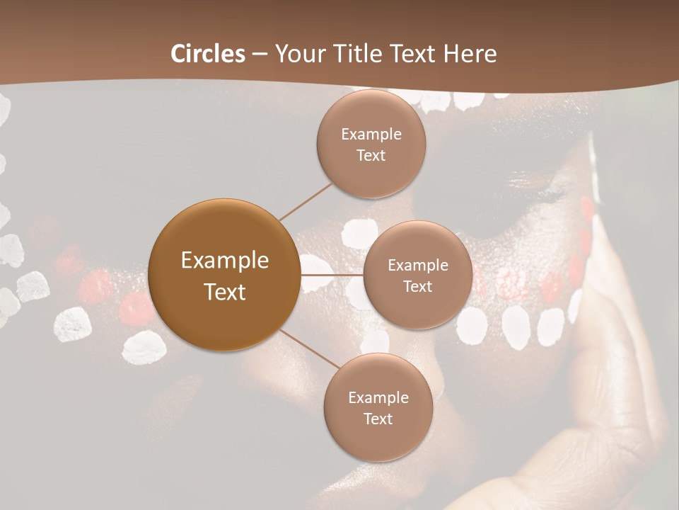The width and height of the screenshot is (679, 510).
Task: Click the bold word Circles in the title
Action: point(207,54)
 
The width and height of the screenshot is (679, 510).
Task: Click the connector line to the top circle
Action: point(306,200)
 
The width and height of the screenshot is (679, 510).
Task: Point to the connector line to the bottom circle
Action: point(309,349)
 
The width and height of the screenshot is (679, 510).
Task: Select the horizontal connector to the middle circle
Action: point(332,274)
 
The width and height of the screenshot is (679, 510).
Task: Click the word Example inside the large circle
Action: point(225,261)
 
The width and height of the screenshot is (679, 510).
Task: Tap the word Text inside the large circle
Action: point(225,292)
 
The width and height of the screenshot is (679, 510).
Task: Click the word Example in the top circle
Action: point(371,135)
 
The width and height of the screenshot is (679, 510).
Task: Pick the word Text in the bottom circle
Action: point(378,419)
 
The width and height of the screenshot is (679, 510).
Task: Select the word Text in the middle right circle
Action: point(417,287)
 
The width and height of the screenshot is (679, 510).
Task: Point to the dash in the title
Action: point(260,55)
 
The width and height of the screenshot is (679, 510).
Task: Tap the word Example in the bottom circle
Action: point(378,398)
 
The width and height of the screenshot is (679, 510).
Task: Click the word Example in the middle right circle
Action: point(418,266)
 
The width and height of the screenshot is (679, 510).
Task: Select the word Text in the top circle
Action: point(371,156)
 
